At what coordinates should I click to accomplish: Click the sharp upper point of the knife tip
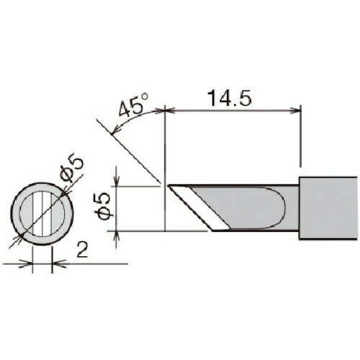pyautogui.click(x=170, y=186)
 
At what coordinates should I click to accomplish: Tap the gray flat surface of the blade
pyautogui.click(x=245, y=206)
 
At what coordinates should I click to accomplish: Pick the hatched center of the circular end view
pyautogui.click(x=42, y=210)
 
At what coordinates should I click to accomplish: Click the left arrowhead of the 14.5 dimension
pyautogui.click(x=169, y=110)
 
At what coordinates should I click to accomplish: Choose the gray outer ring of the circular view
pyautogui.click(x=20, y=210)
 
